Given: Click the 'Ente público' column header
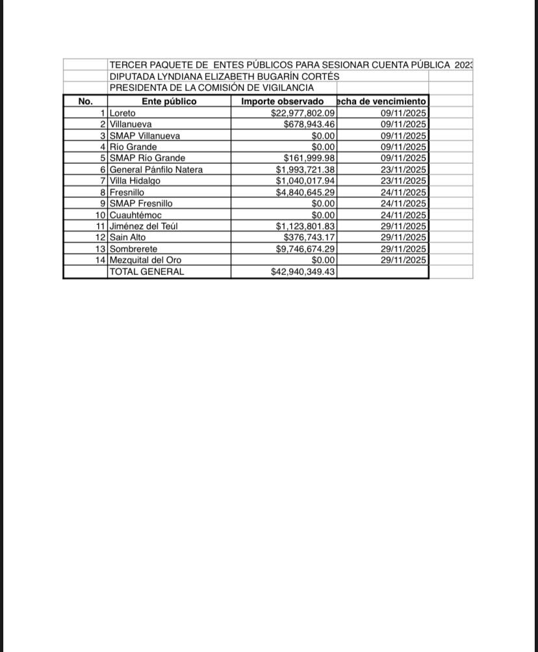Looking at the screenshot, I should tap(169, 101).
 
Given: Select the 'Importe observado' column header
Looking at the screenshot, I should tap(283, 101).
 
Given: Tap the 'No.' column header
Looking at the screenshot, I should tap(85, 101).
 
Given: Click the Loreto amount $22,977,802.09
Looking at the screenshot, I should tap(303, 113).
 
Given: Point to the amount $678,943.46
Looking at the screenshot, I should tap(309, 124).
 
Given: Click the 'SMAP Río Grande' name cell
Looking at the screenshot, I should tap(147, 158).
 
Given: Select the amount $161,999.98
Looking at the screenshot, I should tap(309, 158).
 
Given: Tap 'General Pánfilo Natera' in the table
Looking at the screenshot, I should tap(156, 170).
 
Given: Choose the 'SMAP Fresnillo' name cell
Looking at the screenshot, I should tap(141, 203).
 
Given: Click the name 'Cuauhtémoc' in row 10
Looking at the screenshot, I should tap(136, 215).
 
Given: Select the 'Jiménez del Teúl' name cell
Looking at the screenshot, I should tap(144, 226).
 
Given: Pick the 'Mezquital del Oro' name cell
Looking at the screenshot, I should tap(146, 260).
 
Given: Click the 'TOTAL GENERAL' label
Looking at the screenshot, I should tap(147, 272).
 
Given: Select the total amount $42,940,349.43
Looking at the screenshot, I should tap(303, 272).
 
